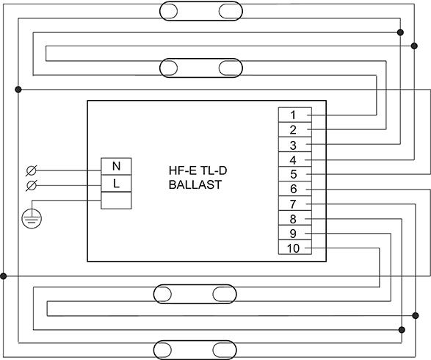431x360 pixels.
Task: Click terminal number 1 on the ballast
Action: coord(295,115)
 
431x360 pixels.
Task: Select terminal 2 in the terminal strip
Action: coord(295,129)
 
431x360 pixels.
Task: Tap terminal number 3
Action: coord(295,145)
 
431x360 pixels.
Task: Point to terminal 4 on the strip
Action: coord(295,159)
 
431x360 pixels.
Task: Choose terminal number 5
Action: coord(295,174)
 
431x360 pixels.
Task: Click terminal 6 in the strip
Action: coord(295,189)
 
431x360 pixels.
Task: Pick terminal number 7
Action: coord(295,204)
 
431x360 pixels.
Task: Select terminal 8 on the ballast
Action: coord(295,218)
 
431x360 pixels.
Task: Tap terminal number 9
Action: coord(295,233)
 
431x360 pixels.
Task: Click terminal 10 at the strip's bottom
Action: coord(295,247)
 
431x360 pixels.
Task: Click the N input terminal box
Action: coord(116,166)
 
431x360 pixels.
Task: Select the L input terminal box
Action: coord(116,184)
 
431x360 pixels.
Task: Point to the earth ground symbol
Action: coord(32,218)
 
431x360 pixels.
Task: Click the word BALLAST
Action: coord(195,184)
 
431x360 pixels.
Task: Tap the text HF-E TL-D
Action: coord(198,170)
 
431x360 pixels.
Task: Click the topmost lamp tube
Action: coord(201,11)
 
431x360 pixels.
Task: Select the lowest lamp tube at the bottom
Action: coord(195,350)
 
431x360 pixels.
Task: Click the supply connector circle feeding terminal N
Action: coord(31,170)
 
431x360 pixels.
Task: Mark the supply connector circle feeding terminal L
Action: coord(31,186)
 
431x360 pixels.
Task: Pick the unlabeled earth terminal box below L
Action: coord(116,201)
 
